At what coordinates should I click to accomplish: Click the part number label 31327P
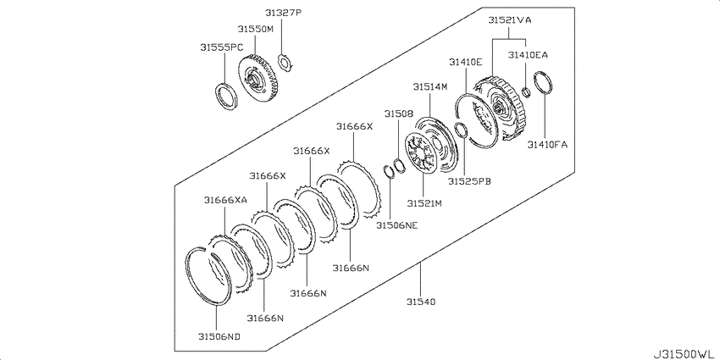pyautogui.click(x=283, y=13)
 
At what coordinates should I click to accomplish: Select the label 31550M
pyautogui.click(x=255, y=29)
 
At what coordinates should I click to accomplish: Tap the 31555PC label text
pyautogui.click(x=221, y=47)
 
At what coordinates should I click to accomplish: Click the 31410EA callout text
pyautogui.click(x=528, y=55)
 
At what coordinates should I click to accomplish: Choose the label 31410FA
pyautogui.click(x=547, y=145)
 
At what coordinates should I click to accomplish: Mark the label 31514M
pyautogui.click(x=429, y=86)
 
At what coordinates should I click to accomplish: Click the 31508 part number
pyautogui.click(x=399, y=113)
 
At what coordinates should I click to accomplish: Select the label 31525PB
pyautogui.click(x=470, y=181)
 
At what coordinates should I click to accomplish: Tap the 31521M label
pyautogui.click(x=424, y=202)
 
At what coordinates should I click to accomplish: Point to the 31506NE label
pyautogui.click(x=397, y=225)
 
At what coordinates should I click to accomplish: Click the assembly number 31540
pyautogui.click(x=421, y=302)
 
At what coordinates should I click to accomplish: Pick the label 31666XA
pyautogui.click(x=226, y=200)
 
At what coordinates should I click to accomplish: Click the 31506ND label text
pyautogui.click(x=219, y=336)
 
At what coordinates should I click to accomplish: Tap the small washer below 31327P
pyautogui.click(x=285, y=64)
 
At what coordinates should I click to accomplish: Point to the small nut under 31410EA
pyautogui.click(x=528, y=91)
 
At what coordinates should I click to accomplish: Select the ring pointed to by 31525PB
pyautogui.click(x=461, y=130)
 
